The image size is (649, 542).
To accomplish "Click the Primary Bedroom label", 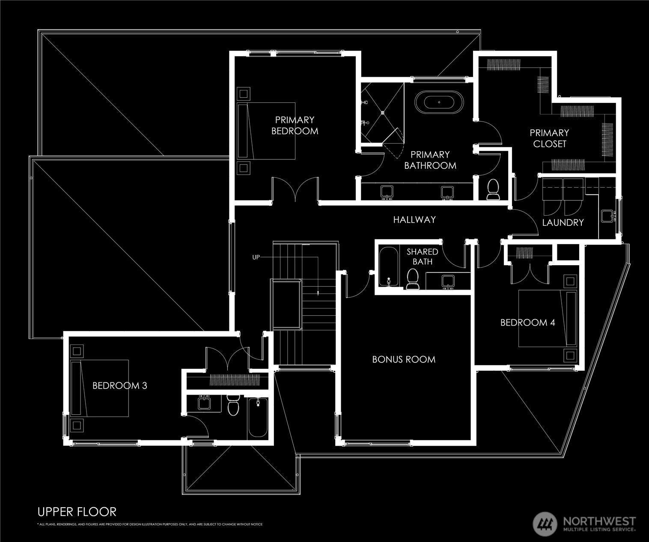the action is [295, 126].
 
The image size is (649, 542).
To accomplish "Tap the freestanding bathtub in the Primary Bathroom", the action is [439, 102].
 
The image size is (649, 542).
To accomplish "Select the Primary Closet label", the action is [549, 138].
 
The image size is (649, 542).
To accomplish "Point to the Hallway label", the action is [414, 220].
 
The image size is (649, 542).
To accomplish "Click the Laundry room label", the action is [563, 222].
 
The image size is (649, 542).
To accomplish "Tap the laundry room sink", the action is [608, 216].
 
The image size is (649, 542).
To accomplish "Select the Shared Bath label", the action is [423, 257].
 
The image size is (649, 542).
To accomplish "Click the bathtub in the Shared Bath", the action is [389, 267].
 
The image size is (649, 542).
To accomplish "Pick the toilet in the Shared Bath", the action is [412, 279].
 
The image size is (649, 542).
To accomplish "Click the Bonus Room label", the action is [404, 359].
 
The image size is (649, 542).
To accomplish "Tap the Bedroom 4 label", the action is [527, 323].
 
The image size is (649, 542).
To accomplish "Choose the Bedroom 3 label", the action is [120, 386].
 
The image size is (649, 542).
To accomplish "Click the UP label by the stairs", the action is [256, 258].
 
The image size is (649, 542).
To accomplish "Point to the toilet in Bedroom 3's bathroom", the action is [233, 405].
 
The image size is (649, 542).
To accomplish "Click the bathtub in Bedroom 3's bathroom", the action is [258, 417].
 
